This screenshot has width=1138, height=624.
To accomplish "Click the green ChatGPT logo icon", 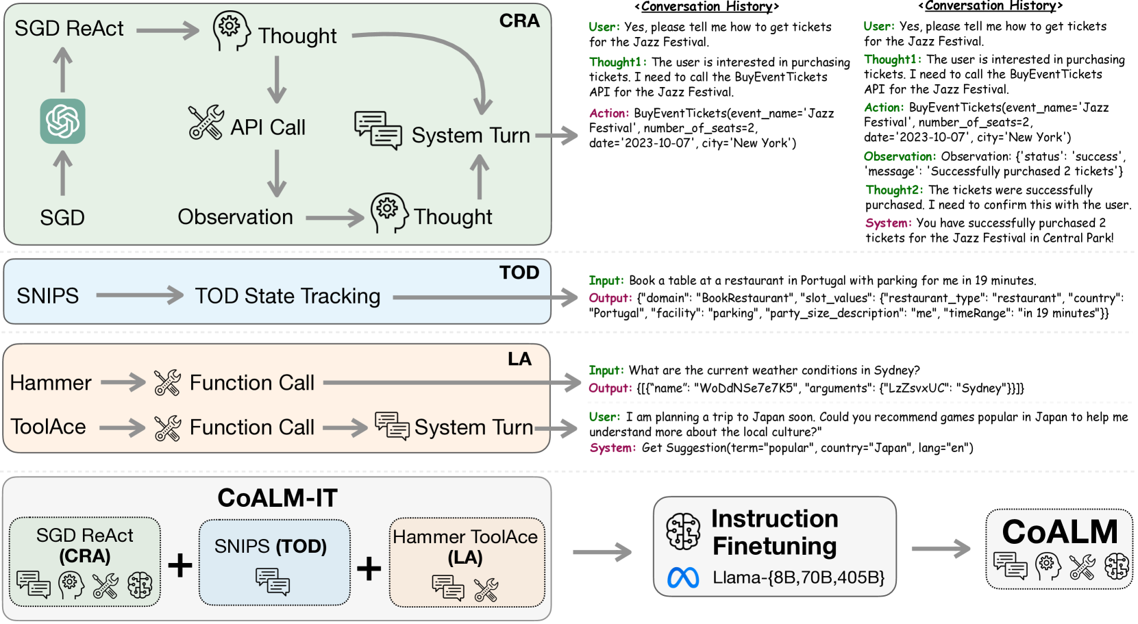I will click(x=62, y=121).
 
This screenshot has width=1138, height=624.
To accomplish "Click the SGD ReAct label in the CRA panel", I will click(x=69, y=29).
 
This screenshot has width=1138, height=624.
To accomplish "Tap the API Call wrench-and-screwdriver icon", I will click(x=206, y=123).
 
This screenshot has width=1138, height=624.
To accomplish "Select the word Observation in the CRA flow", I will click(x=235, y=217).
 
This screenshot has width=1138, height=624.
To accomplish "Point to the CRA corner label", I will click(x=519, y=21).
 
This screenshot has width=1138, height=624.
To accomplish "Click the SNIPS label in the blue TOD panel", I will click(x=48, y=296).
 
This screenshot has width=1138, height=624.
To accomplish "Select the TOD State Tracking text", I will click(x=288, y=296).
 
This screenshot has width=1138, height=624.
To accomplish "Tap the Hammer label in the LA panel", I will click(x=51, y=383).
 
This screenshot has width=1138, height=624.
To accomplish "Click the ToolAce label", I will click(x=49, y=427).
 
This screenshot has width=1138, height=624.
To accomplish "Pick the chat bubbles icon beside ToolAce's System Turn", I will click(x=392, y=426).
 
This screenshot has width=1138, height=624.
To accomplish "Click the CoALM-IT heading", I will click(x=277, y=498).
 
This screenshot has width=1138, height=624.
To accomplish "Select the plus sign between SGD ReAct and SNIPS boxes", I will click(x=180, y=565).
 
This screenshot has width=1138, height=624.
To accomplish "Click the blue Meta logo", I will click(x=683, y=578).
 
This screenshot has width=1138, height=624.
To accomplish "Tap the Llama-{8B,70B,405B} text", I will click(x=798, y=577).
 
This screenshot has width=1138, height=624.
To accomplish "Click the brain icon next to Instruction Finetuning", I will click(x=684, y=532).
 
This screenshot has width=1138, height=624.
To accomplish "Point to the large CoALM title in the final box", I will click(x=1059, y=532).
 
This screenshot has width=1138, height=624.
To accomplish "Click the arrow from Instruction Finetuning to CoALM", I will click(x=941, y=549).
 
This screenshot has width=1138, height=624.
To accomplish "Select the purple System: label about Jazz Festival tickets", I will click(x=888, y=223).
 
